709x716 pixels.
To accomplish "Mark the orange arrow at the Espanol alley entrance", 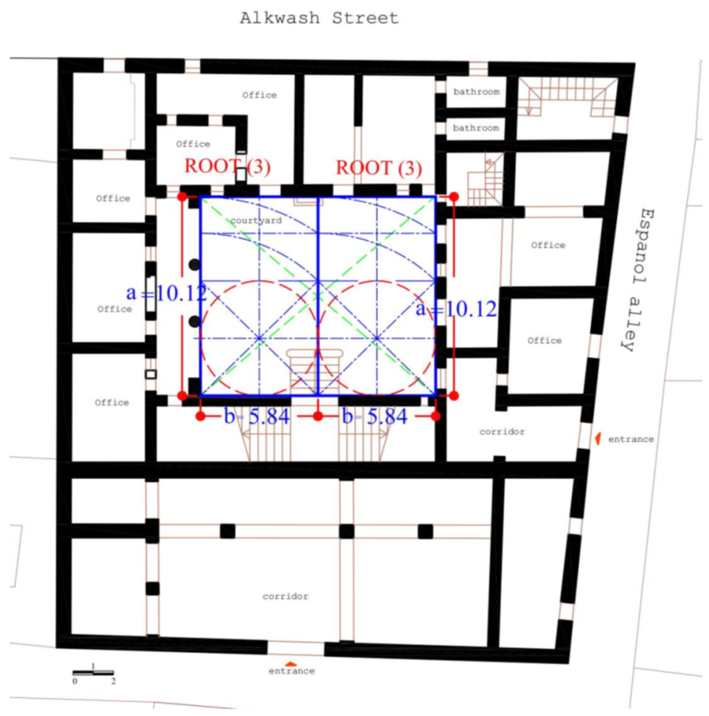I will coord(598,438).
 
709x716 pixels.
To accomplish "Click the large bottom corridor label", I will coord(285,596).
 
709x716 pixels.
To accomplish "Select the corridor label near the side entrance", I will coord(502,432).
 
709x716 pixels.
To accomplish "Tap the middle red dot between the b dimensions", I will coord(318,416).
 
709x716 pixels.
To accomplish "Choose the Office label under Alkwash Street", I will coord(259,95).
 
